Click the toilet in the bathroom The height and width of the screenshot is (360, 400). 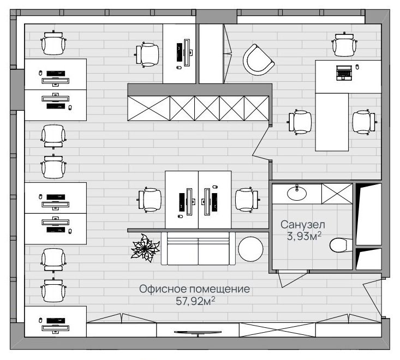tap(341, 245)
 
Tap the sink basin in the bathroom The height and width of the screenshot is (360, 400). tap(297, 193)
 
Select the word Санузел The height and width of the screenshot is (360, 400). tap(303, 225)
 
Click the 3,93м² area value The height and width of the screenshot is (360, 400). tap(304, 236)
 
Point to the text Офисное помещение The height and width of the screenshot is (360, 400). tap(194, 289)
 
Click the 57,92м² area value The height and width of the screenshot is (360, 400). tap(195, 301)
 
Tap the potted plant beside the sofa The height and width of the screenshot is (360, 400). tap(145, 248)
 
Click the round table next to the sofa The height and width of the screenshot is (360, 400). tap(250, 249)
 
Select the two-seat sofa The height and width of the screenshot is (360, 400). tap(198, 248)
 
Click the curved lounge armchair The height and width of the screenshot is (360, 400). tap(258, 60)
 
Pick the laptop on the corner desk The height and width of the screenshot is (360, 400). tap(343, 73)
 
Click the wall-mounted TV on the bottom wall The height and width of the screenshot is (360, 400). tap(198, 333)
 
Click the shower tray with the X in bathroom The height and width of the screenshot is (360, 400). tap(337, 194)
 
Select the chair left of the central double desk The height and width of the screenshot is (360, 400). tap(150, 200)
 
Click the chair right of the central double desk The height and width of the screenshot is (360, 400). tap(247, 200)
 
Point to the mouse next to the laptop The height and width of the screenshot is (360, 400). tap(357, 67)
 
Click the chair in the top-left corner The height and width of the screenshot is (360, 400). tap(53, 43)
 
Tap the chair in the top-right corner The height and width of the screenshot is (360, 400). tap(344, 44)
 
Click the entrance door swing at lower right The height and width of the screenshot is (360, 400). tap(373, 297)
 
